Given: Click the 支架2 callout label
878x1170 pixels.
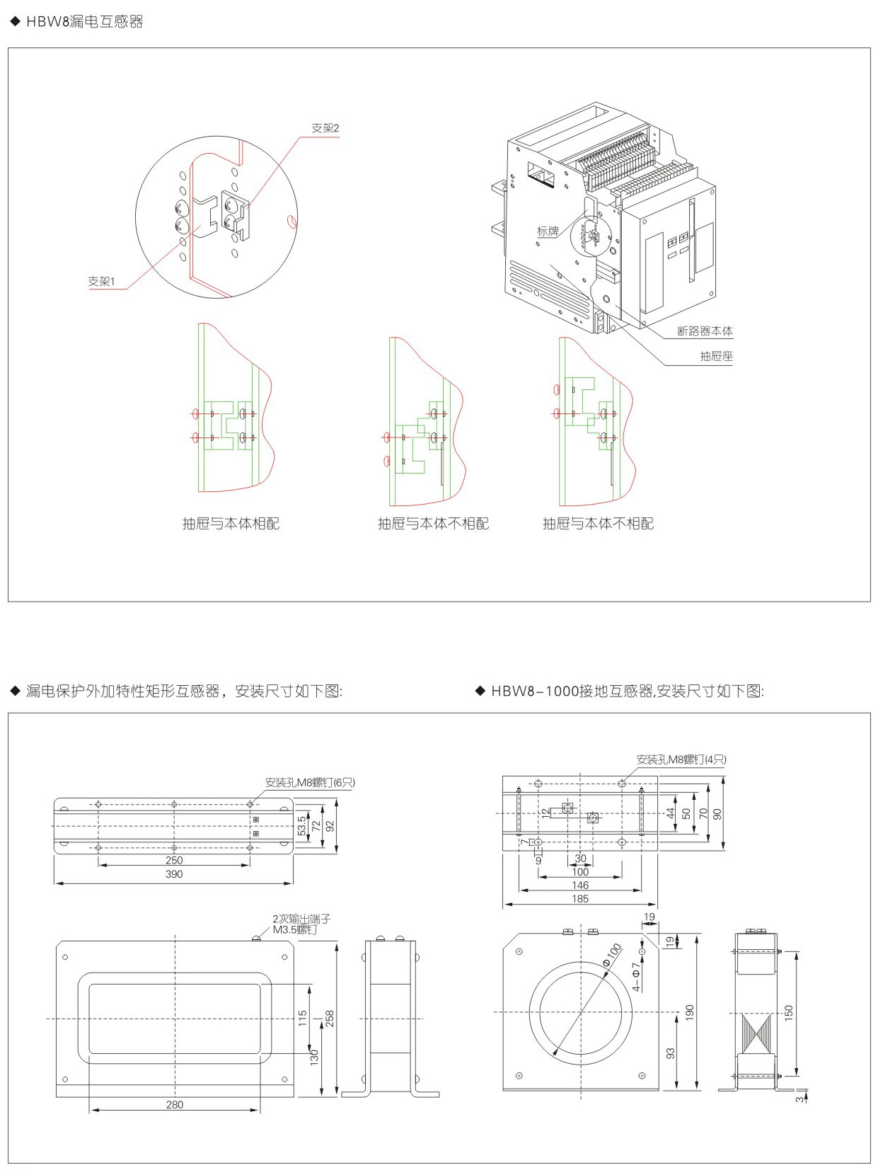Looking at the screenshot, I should coord(325,128).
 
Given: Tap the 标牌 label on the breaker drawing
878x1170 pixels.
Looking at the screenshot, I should coord(548,231).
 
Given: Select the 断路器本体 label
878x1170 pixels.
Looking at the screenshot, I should coord(705,331).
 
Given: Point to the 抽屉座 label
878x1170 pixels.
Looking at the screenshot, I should coord(716,356).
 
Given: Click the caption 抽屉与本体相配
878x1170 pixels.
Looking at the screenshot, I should coord(231,523).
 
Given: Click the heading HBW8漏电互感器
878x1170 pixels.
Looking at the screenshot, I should coord(84,22).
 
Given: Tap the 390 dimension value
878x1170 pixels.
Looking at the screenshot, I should coord(174,874).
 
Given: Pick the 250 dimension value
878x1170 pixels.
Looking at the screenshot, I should coord(174,860).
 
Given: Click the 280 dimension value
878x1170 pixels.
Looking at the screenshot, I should coord(174,1104).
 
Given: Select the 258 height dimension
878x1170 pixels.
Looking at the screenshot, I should coord(329,1018).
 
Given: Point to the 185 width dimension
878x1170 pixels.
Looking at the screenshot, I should coord(580,899).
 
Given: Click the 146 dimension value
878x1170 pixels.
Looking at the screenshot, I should coord(580,885).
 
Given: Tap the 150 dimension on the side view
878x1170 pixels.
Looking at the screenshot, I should coord(789,1013).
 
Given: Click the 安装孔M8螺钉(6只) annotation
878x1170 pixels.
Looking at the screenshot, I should coord(310,783).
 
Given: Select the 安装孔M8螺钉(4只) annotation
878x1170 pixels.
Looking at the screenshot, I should coord(681,759).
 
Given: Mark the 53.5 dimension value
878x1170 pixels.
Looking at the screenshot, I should coord(302,825).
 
